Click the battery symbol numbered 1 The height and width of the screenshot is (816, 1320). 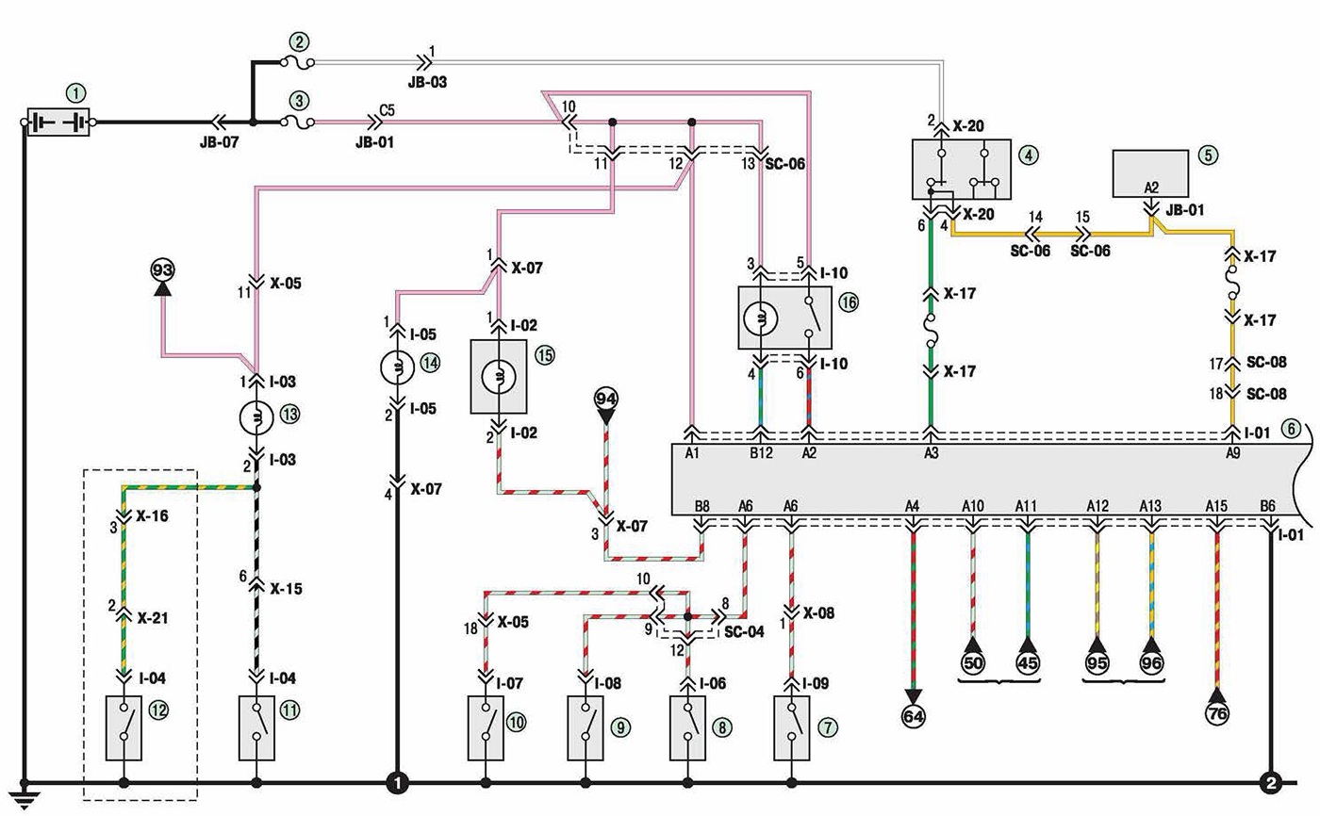58,122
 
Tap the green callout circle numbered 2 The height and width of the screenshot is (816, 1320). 300,42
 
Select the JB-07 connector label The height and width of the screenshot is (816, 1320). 219,142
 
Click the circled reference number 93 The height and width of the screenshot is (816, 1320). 162,270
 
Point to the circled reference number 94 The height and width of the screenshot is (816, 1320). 605,400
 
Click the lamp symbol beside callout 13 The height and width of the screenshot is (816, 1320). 256,418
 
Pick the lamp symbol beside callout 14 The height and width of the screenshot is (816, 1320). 397,367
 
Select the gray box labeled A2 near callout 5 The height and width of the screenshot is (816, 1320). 1149,173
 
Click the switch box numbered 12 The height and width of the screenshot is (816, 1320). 124,728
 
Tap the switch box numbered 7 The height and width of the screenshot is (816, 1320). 791,728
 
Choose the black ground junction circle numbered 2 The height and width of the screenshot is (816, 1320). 1271,783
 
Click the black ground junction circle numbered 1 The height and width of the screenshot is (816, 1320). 397,783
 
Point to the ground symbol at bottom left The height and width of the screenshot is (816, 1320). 25,796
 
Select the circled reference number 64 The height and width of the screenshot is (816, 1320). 913,716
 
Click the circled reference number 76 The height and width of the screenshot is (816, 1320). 1217,713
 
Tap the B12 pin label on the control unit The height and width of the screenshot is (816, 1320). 761,452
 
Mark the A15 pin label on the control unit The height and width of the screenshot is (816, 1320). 1216,506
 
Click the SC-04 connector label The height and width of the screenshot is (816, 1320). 744,631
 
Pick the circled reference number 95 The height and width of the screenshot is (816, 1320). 1097,663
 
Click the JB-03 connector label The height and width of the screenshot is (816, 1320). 427,82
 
